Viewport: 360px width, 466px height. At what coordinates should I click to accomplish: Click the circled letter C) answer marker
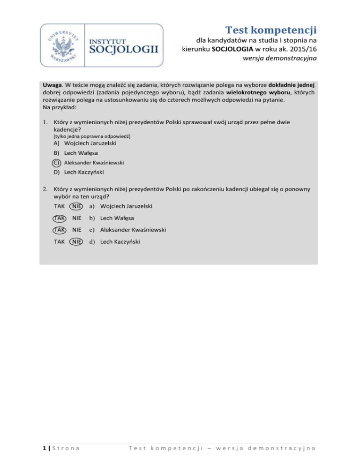tap(56, 163)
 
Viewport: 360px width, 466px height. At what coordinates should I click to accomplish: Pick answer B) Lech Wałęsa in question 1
tap(75, 153)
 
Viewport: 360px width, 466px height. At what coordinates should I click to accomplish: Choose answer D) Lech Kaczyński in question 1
tap(78, 173)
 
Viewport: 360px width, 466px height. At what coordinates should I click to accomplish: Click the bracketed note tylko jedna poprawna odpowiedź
tap(91, 135)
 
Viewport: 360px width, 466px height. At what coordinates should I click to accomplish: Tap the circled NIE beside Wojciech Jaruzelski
tap(75, 206)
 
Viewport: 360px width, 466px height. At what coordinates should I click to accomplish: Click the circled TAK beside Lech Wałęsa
tap(59, 218)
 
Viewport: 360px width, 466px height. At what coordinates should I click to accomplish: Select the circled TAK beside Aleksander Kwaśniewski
tap(59, 230)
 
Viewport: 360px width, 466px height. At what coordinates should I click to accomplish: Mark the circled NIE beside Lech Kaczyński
tap(75, 242)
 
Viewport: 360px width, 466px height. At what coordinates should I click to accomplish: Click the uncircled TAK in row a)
tap(60, 206)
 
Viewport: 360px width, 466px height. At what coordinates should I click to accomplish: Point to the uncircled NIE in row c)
tap(75, 230)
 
